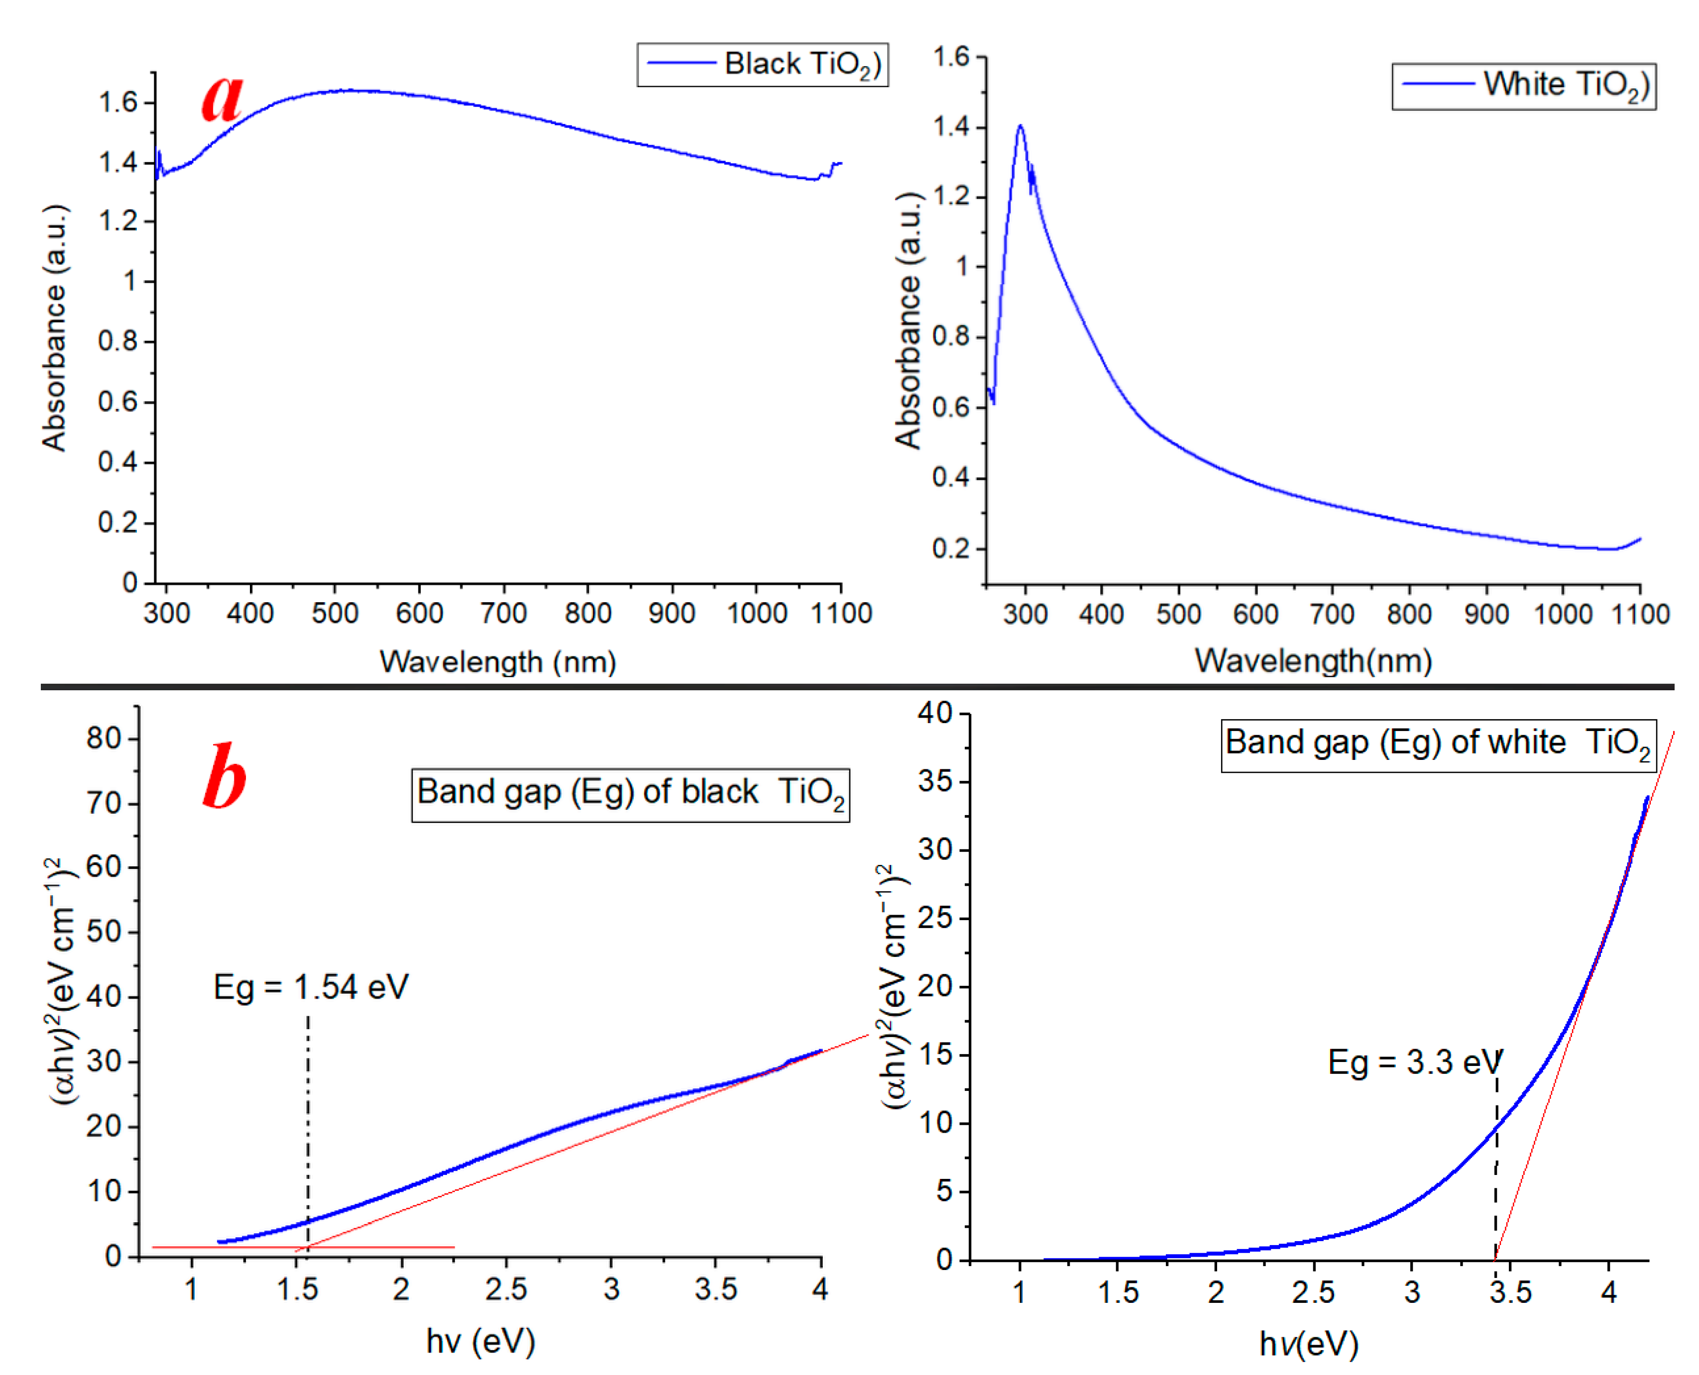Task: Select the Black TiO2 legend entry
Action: [x=762, y=64]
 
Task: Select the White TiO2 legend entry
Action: [x=1523, y=86]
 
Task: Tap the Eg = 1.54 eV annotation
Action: [x=311, y=987]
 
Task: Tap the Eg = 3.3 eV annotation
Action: [x=1414, y=1062]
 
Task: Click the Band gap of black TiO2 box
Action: [x=630, y=794]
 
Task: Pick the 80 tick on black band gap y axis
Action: [x=104, y=738]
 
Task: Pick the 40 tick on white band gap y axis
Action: [x=935, y=713]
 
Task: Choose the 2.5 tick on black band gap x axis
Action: [x=505, y=1289]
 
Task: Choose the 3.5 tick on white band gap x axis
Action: [x=1510, y=1292]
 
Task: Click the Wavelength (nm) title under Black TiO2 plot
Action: [x=497, y=661]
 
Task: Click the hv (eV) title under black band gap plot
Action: [x=480, y=1341]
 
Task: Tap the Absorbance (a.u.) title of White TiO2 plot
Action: [x=908, y=321]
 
